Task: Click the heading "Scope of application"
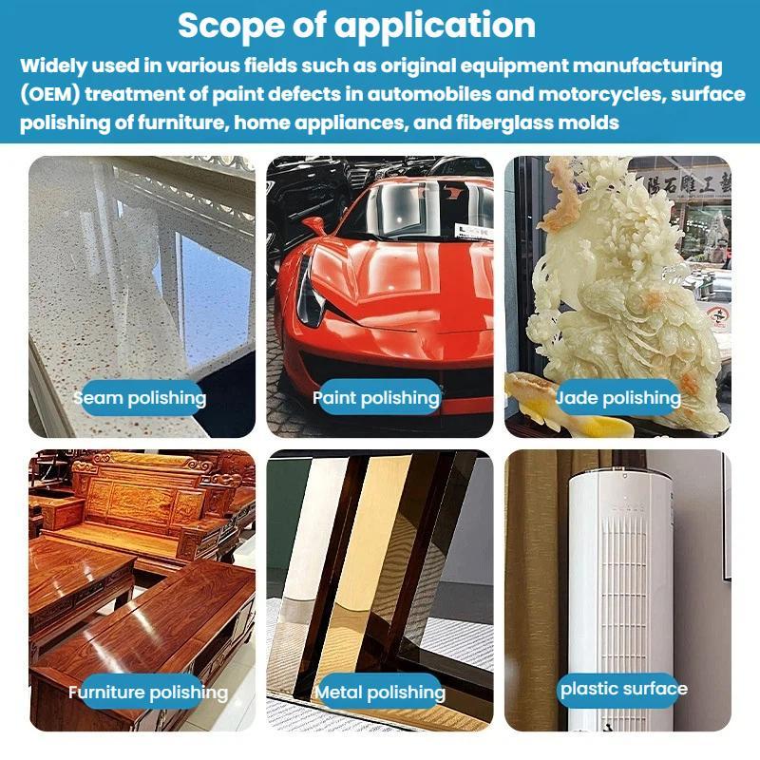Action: pos(357,26)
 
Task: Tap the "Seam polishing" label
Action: pos(140,398)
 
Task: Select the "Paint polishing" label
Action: pos(376,398)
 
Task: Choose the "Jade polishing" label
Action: pos(618,398)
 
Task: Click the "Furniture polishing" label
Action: pos(148,692)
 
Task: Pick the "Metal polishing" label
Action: pos(380,692)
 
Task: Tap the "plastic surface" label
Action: pos(624,689)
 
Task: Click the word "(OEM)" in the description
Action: pos(49,94)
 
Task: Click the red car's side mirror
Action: pos(315,225)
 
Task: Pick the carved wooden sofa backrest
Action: pos(145,489)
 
